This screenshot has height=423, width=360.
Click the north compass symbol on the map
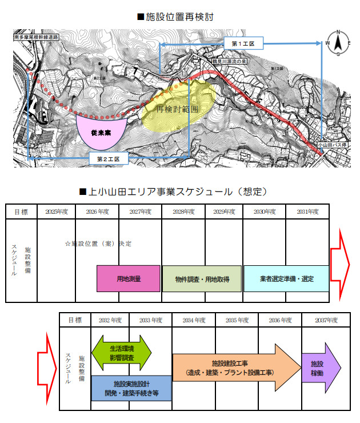[x=338, y=42]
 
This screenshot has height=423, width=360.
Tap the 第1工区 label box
[x=247, y=43]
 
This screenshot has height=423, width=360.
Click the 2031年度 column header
[x=307, y=212]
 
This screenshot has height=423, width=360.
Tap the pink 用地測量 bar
[x=129, y=279]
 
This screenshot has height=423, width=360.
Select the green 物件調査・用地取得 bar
[x=202, y=279]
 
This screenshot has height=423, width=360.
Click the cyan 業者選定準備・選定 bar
[x=286, y=278]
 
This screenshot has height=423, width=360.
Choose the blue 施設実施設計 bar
[x=131, y=388]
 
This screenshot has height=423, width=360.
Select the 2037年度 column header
[x=323, y=320]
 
